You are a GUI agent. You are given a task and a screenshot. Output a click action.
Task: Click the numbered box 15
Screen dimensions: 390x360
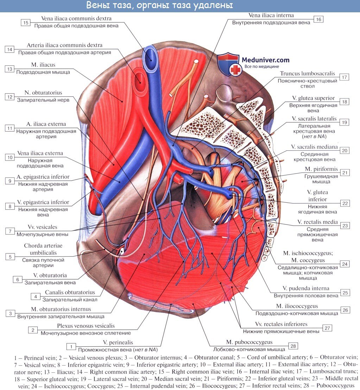point(26,23)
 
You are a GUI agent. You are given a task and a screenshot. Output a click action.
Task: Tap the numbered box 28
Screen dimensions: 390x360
point(293,346)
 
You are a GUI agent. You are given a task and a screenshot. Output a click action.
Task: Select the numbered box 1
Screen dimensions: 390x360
point(71,347)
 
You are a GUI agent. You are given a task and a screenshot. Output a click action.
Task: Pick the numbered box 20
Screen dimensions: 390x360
point(345,150)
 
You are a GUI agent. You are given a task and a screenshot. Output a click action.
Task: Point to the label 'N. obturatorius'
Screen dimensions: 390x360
point(44,93)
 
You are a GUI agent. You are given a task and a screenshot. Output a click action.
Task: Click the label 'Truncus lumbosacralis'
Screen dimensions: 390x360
point(307,74)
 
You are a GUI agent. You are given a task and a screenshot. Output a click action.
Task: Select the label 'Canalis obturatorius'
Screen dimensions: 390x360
point(70,292)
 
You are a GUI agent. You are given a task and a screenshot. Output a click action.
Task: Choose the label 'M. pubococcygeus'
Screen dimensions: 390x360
point(250,342)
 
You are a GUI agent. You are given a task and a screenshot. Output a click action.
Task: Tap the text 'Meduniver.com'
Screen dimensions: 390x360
point(265,60)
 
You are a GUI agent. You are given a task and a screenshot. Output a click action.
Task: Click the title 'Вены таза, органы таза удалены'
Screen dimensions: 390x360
point(159,6)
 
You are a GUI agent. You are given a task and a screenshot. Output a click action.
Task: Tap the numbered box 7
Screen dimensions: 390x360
point(10,231)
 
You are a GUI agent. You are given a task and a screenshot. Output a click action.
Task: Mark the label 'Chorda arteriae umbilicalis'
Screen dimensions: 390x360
point(40,249)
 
